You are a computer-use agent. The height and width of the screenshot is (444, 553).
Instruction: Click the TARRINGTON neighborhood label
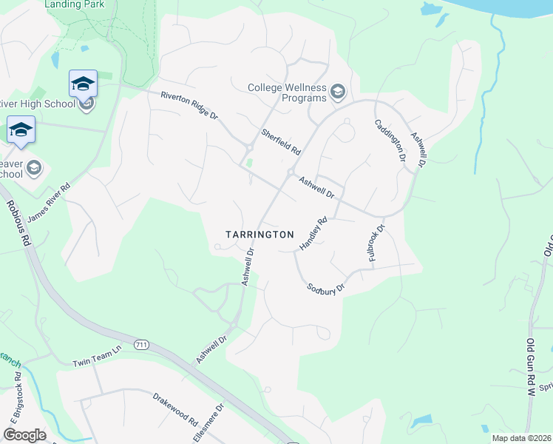259,234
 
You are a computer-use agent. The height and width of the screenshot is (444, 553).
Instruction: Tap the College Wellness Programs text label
287,92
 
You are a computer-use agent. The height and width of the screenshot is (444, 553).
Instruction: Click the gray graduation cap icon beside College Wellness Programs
338,92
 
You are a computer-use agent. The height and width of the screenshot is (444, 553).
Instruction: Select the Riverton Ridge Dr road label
190,106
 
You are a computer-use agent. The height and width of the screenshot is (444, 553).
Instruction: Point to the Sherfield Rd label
281,141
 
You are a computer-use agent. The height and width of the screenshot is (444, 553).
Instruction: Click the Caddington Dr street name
390,140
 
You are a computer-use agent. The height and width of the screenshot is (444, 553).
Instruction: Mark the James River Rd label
48,203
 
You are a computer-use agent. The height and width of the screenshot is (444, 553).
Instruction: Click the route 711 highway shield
142,345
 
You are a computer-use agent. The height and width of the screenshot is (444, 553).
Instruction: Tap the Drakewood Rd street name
175,408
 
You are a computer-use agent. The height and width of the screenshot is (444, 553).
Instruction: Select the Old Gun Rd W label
529,368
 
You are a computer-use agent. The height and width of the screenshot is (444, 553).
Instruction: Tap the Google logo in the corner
24,435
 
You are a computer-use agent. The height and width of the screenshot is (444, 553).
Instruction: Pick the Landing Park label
74,4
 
